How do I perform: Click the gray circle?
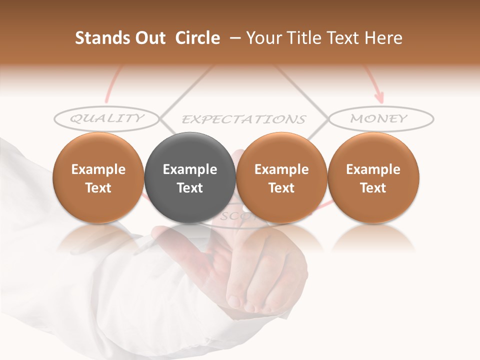(190, 177)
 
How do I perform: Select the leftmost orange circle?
(98, 177)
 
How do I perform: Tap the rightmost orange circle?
(373, 177)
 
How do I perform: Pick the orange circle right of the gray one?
(281, 177)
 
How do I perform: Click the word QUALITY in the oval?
(106, 118)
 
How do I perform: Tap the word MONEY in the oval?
(379, 118)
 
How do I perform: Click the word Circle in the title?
(197, 38)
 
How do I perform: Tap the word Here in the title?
(383, 38)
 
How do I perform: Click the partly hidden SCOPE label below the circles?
(235, 216)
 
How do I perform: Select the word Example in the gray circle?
(190, 169)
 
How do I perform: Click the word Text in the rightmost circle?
(373, 188)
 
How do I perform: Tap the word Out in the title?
(149, 38)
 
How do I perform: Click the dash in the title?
(233, 38)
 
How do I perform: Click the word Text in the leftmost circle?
(98, 188)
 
